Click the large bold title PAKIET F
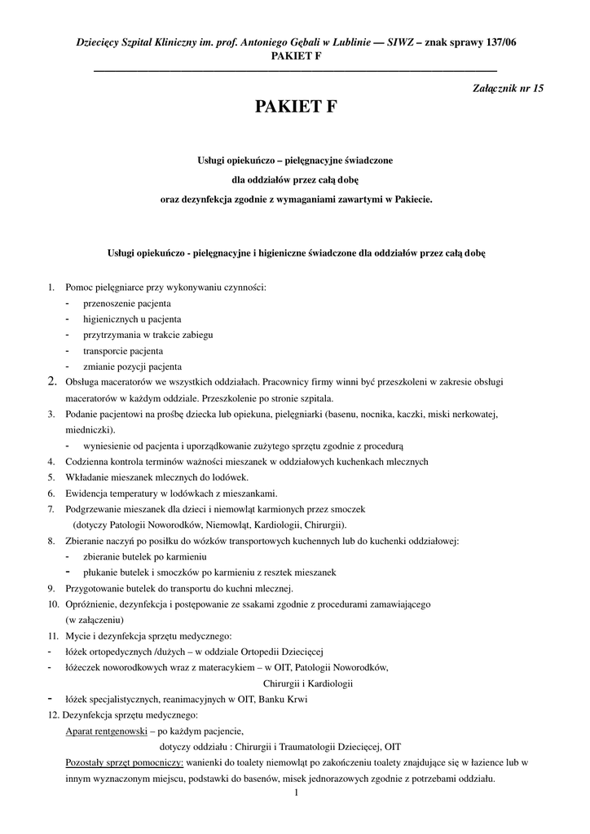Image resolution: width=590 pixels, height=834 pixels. (295, 107)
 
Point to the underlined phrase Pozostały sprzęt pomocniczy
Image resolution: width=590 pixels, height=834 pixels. (125, 762)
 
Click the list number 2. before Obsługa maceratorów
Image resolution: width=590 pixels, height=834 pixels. (52, 381)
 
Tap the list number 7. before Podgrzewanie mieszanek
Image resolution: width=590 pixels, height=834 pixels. (51, 508)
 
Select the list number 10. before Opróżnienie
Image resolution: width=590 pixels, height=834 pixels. (53, 604)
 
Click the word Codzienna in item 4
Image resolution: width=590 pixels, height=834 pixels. (88, 461)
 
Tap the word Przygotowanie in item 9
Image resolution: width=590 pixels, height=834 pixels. (95, 588)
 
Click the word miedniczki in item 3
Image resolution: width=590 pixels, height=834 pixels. (90, 429)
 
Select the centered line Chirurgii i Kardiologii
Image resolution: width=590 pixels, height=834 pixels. (307, 683)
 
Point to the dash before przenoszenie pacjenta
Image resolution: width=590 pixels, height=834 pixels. (67, 303)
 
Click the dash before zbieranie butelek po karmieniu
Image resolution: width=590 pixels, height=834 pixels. (67, 556)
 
